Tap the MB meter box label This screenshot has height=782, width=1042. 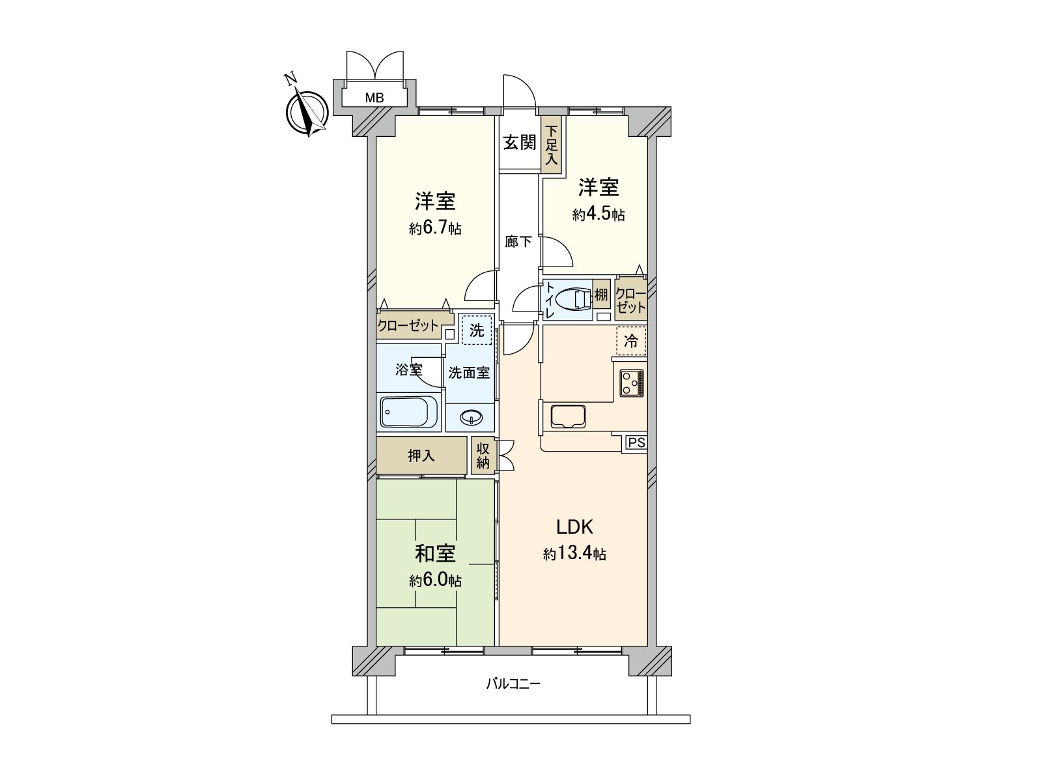point(374,98)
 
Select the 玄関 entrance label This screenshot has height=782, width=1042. point(519,143)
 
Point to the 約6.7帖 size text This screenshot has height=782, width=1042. point(435,228)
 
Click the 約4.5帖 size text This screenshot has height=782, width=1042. point(598,214)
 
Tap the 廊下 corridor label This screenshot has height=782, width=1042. point(518,242)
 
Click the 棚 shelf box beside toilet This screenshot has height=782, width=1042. point(601,294)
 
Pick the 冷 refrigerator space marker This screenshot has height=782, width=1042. point(631,341)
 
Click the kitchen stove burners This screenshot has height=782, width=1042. point(631,383)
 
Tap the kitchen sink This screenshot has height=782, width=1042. point(569,416)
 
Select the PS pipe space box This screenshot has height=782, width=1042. point(636,443)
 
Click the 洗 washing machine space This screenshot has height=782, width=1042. point(477,330)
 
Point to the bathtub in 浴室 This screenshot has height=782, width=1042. point(409,412)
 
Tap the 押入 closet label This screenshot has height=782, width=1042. point(421,456)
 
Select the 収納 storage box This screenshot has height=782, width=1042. point(483,456)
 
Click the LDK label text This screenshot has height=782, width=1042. point(574,527)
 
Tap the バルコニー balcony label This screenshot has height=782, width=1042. point(513,684)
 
